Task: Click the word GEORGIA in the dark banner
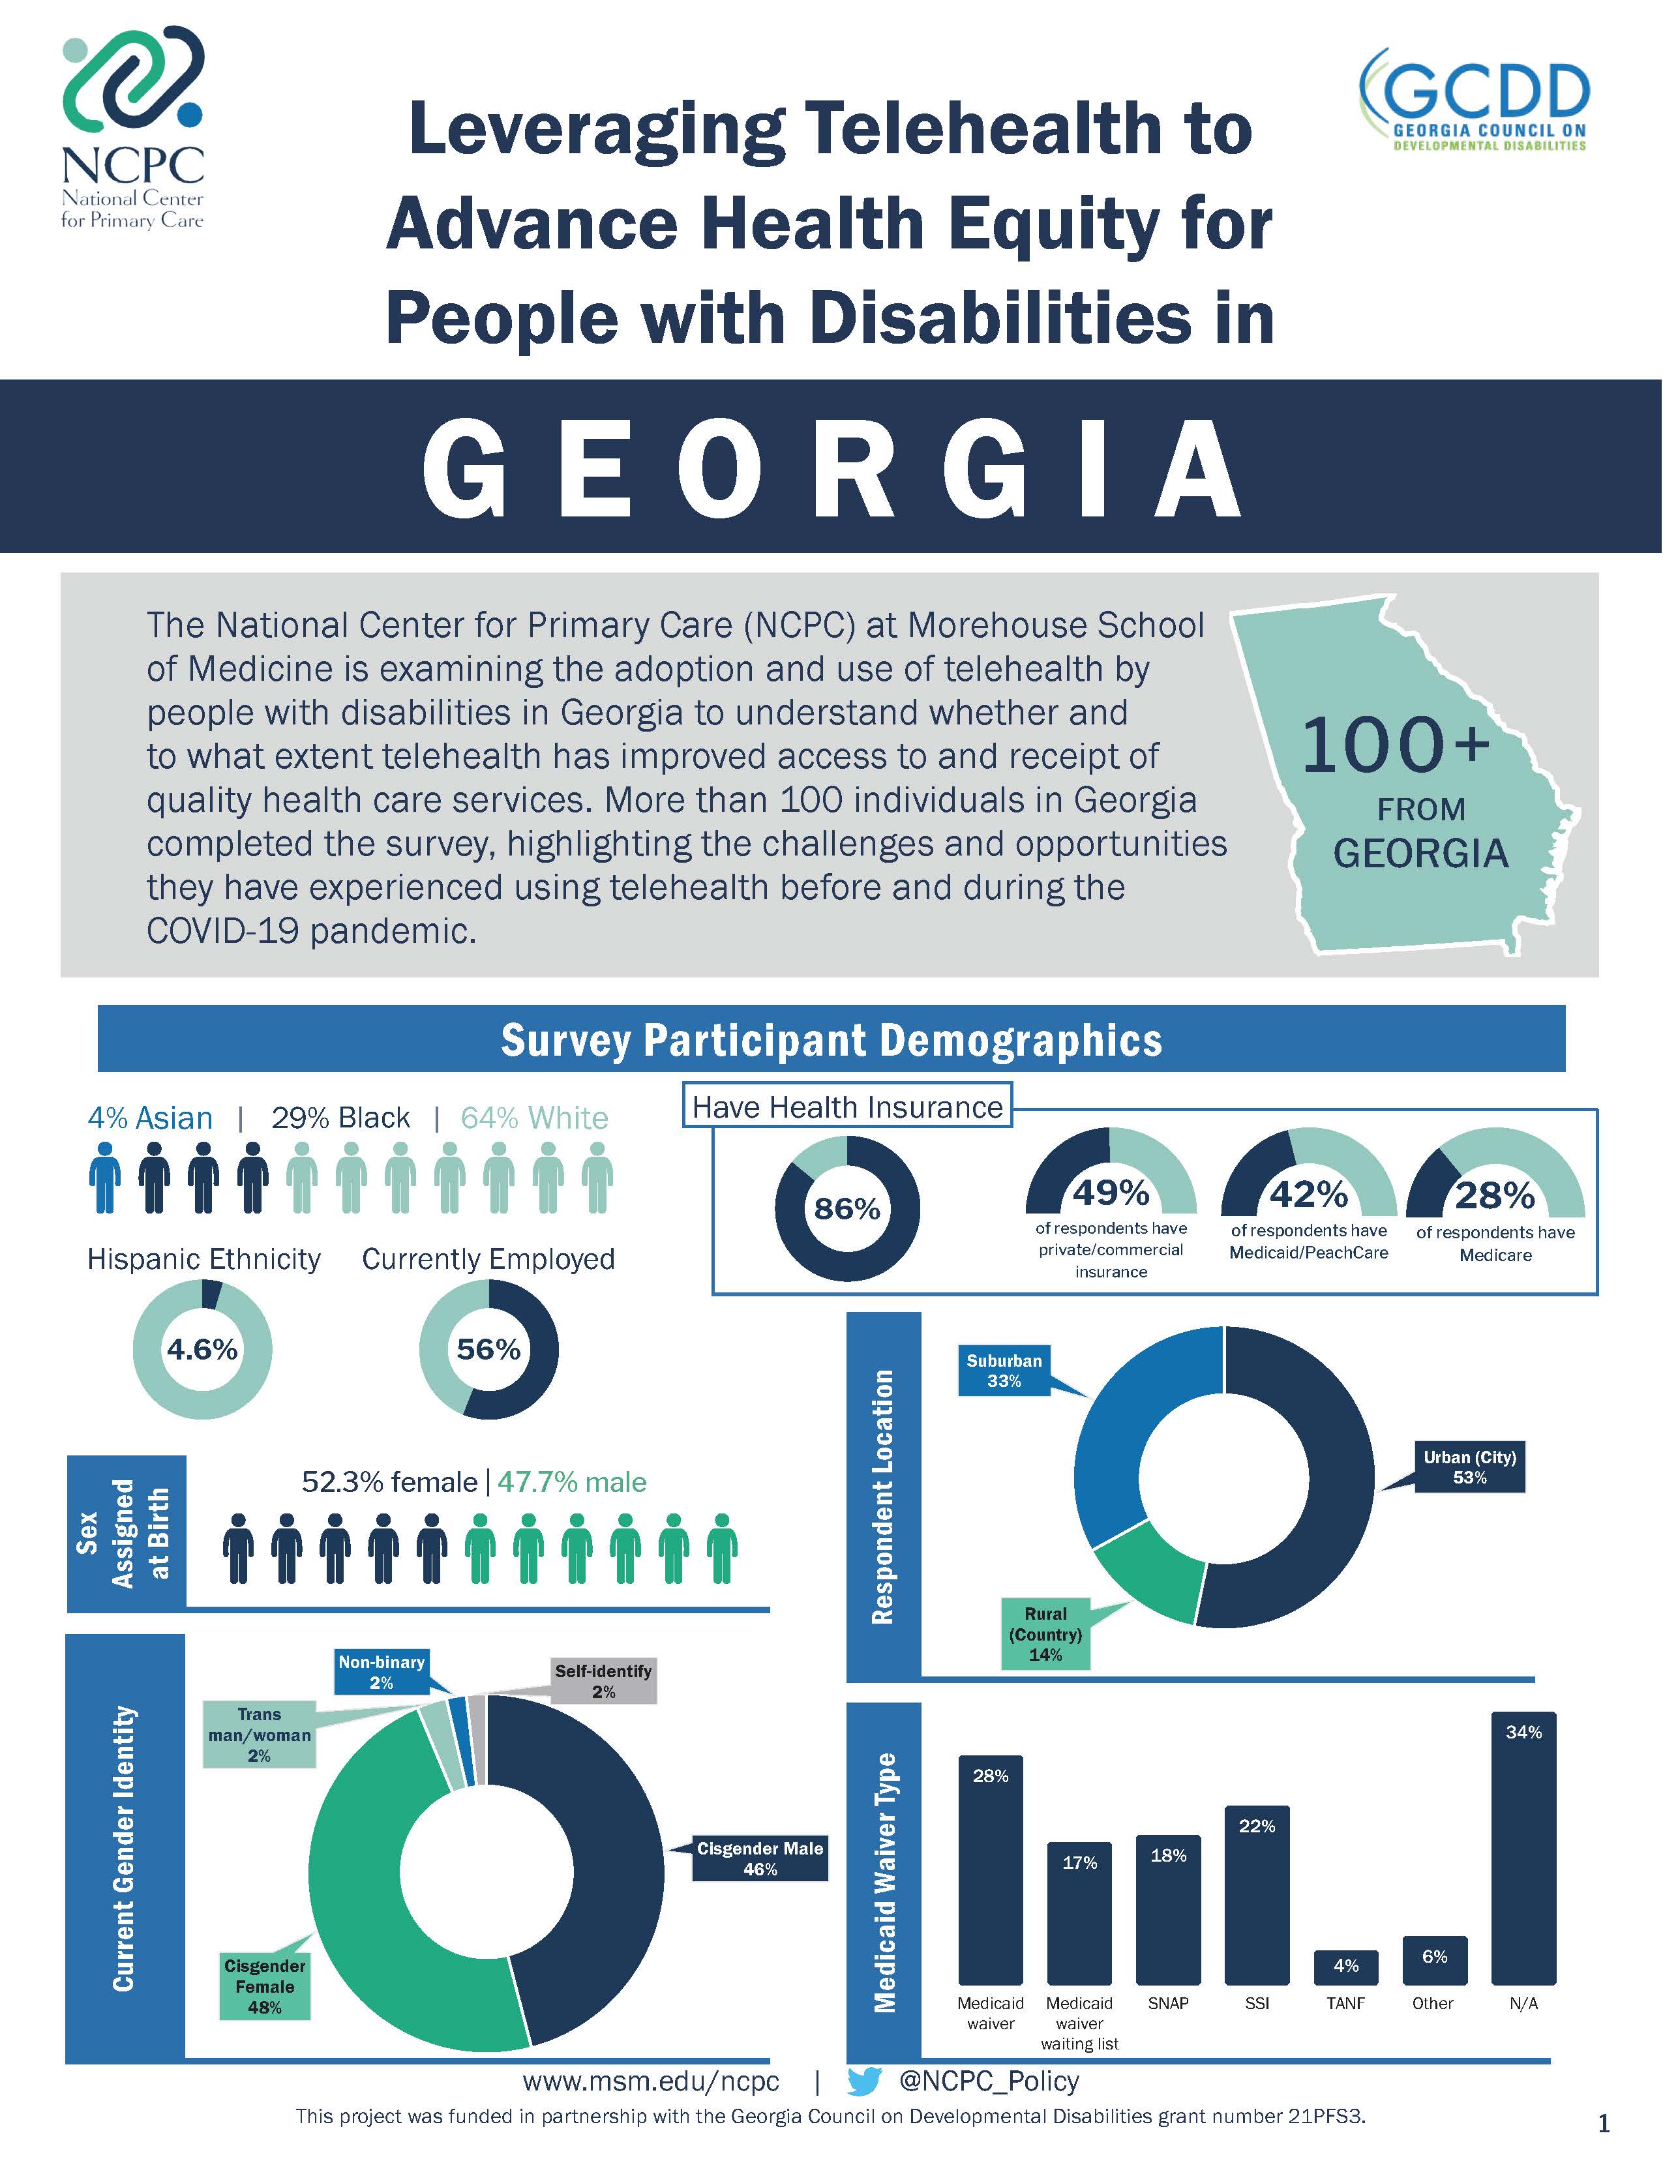click(830, 468)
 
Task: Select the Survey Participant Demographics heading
click(830, 1040)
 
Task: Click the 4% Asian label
click(149, 1118)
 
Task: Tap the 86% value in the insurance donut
click(846, 1209)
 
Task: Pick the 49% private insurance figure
click(1111, 1194)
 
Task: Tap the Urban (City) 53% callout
click(1469, 1467)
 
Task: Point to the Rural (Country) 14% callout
click(1045, 1634)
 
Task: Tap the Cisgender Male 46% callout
click(759, 1858)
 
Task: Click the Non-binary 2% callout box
click(382, 1672)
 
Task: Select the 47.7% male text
click(571, 1482)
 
